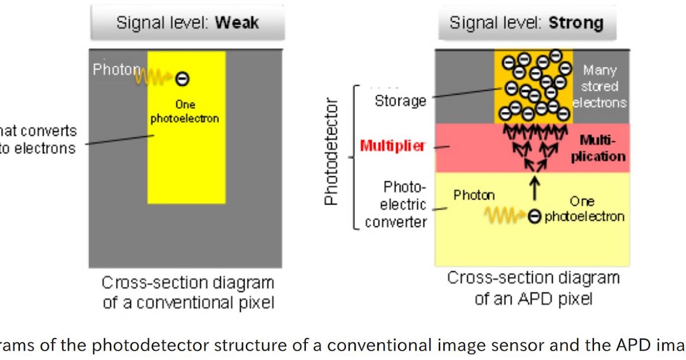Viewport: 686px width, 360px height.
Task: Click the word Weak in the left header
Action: (237, 23)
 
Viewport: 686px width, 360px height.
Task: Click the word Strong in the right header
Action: (576, 23)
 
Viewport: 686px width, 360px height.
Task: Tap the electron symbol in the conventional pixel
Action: (182, 79)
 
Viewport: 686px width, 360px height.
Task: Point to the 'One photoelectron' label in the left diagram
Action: (186, 112)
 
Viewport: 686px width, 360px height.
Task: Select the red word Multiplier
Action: (393, 146)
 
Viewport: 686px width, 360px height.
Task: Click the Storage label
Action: (400, 101)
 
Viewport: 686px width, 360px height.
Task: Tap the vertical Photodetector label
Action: (332, 153)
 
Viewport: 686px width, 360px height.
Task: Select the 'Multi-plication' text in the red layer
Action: (597, 149)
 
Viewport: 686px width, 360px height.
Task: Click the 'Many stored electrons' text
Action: (600, 87)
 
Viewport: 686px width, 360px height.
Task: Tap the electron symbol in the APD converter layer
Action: (535, 217)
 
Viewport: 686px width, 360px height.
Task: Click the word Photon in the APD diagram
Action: (474, 195)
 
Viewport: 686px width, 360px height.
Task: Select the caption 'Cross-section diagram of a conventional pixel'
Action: (188, 292)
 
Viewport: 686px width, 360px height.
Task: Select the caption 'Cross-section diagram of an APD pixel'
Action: (533, 288)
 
